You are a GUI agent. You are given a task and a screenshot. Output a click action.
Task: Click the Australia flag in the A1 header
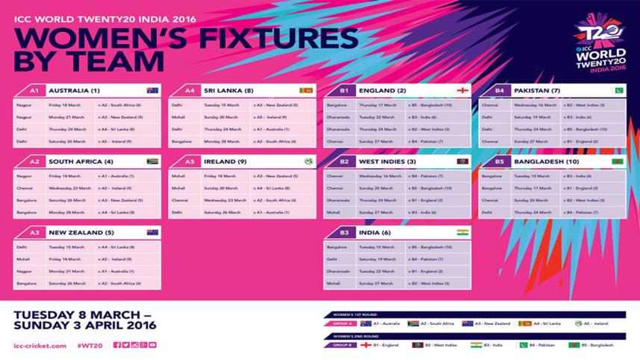(152, 90)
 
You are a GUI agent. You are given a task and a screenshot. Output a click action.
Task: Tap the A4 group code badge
(189, 90)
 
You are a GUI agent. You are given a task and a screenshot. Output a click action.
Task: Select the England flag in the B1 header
(463, 90)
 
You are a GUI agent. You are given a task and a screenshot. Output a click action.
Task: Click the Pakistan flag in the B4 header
(618, 90)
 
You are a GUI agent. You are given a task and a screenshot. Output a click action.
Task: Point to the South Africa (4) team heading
(81, 161)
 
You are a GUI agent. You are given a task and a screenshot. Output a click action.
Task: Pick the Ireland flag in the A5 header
(308, 161)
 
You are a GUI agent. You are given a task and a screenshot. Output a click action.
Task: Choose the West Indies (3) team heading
(388, 161)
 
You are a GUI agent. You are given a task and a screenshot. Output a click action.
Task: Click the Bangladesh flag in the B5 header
(618, 161)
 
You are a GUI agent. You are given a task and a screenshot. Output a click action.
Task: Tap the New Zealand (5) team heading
(80, 232)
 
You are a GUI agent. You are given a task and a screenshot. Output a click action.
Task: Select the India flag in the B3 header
(463, 232)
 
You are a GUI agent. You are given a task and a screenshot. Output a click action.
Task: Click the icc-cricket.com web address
(40, 345)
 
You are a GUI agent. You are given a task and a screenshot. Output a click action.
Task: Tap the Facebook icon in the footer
(117, 345)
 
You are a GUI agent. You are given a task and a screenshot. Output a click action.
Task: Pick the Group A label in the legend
(341, 323)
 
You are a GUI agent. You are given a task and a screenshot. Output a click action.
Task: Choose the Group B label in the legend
(341, 345)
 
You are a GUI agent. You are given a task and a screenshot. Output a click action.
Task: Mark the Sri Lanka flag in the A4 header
(306, 90)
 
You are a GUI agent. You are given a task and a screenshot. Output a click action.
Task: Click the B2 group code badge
(344, 161)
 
